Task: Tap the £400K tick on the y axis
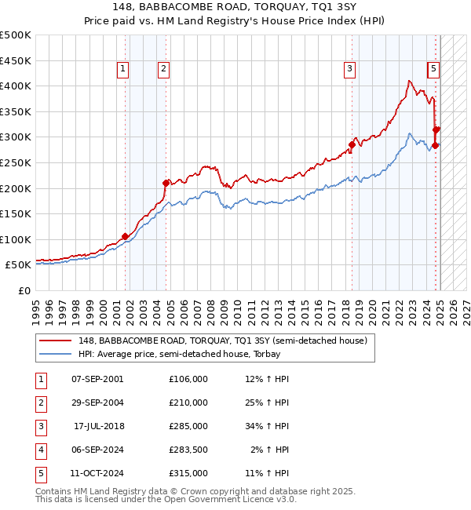(16, 86)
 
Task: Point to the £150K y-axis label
(16, 213)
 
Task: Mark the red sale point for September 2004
(166, 183)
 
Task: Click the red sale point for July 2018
(352, 144)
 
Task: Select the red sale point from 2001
(125, 236)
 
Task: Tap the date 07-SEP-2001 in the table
(97, 379)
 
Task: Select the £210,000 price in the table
(188, 403)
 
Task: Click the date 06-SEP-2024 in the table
(97, 450)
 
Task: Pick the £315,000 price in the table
(188, 473)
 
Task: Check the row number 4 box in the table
(40, 450)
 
